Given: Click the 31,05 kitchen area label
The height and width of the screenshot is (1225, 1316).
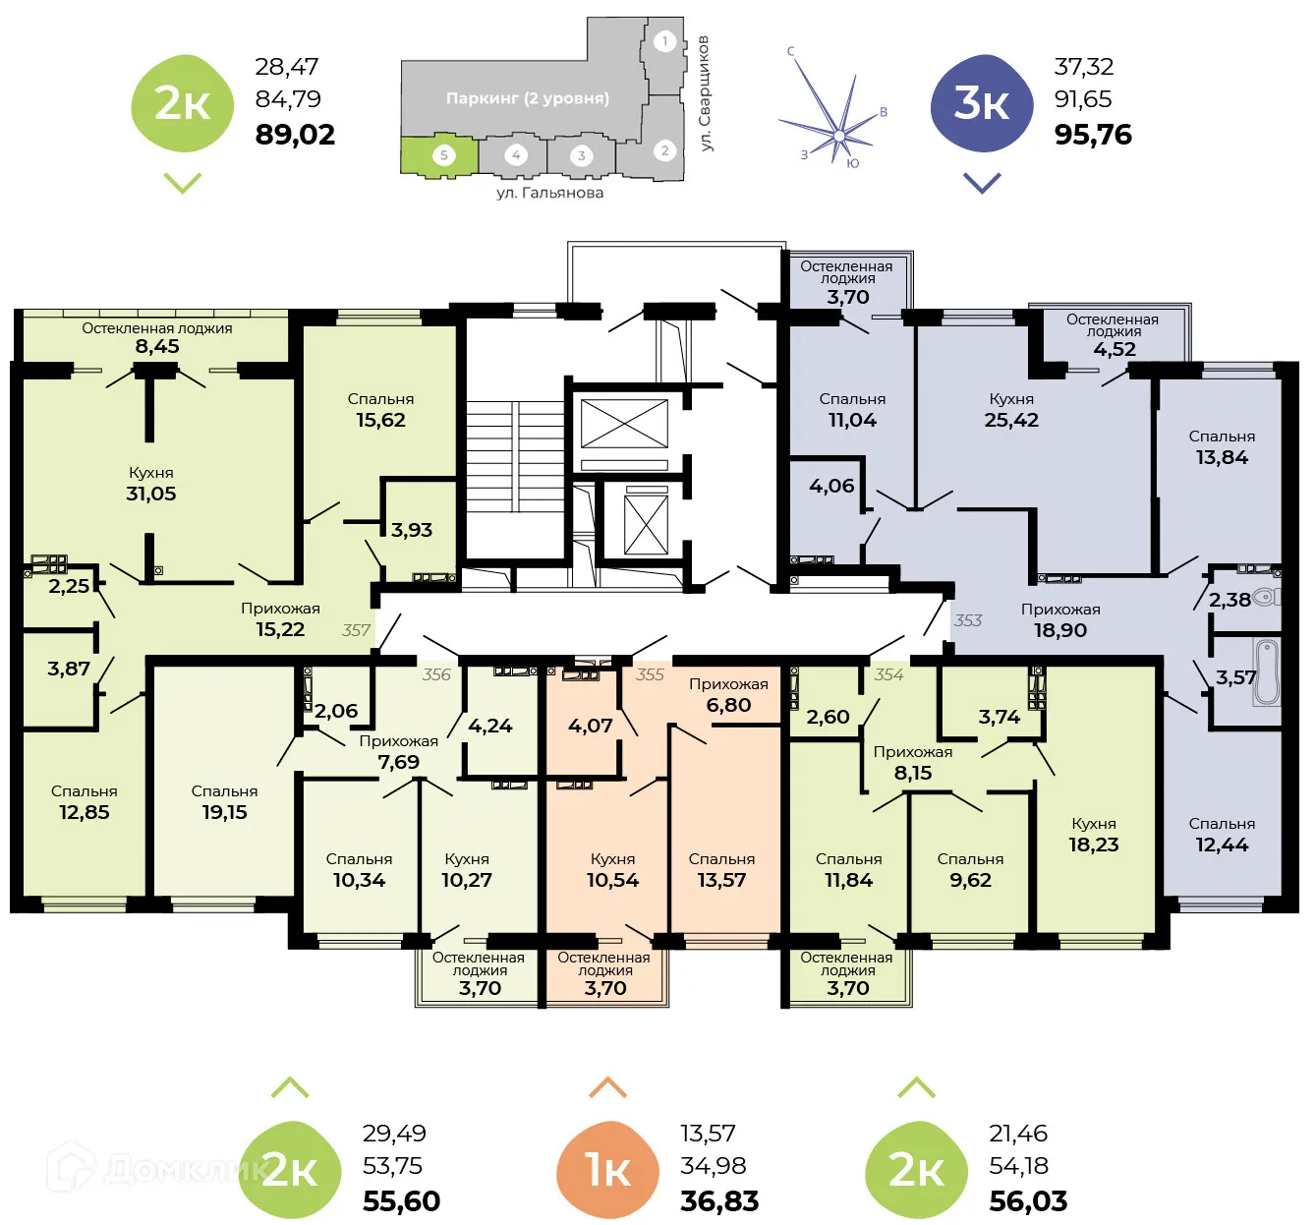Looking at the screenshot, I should pyautogui.click(x=150, y=494).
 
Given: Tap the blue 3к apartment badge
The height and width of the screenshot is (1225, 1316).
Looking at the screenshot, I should pyautogui.click(x=981, y=104).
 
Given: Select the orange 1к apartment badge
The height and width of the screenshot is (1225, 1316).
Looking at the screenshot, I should pyautogui.click(x=606, y=1170).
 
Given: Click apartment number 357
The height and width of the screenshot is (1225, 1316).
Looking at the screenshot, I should pyautogui.click(x=356, y=630).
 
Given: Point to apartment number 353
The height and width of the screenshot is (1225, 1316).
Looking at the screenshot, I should pyautogui.click(x=967, y=620).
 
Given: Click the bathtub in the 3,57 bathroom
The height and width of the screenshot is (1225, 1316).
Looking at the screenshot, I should pyautogui.click(x=1268, y=672).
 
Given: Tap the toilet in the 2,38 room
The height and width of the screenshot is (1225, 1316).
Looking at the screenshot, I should pyautogui.click(x=1266, y=597).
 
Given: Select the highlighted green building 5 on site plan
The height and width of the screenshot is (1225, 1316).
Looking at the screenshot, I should pyautogui.click(x=439, y=155).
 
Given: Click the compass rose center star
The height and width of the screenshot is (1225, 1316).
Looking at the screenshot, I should pyautogui.click(x=838, y=135).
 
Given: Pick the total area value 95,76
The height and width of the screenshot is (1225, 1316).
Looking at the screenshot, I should pyautogui.click(x=1093, y=135).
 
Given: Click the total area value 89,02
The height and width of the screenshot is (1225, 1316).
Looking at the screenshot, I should pyautogui.click(x=295, y=135).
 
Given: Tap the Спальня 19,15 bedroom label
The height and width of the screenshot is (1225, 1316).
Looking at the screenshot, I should pyautogui.click(x=224, y=802).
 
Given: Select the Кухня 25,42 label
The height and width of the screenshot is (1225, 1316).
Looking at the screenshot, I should pyautogui.click(x=1011, y=410).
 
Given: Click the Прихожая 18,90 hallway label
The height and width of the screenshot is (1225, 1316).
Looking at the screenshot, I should pyautogui.click(x=1059, y=620).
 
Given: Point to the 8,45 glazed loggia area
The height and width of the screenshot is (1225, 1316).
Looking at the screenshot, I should pyautogui.click(x=157, y=346).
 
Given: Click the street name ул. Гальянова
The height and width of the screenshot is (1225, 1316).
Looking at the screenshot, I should pyautogui.click(x=549, y=193).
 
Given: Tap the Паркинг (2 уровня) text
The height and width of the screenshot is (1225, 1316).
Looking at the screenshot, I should pyautogui.click(x=527, y=98).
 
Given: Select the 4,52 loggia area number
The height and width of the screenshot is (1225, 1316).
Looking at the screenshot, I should pyautogui.click(x=1114, y=349).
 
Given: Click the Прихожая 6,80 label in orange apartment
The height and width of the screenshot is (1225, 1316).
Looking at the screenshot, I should pyautogui.click(x=728, y=695).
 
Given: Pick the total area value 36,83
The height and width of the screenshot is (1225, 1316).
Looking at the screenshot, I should pyautogui.click(x=719, y=1200).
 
